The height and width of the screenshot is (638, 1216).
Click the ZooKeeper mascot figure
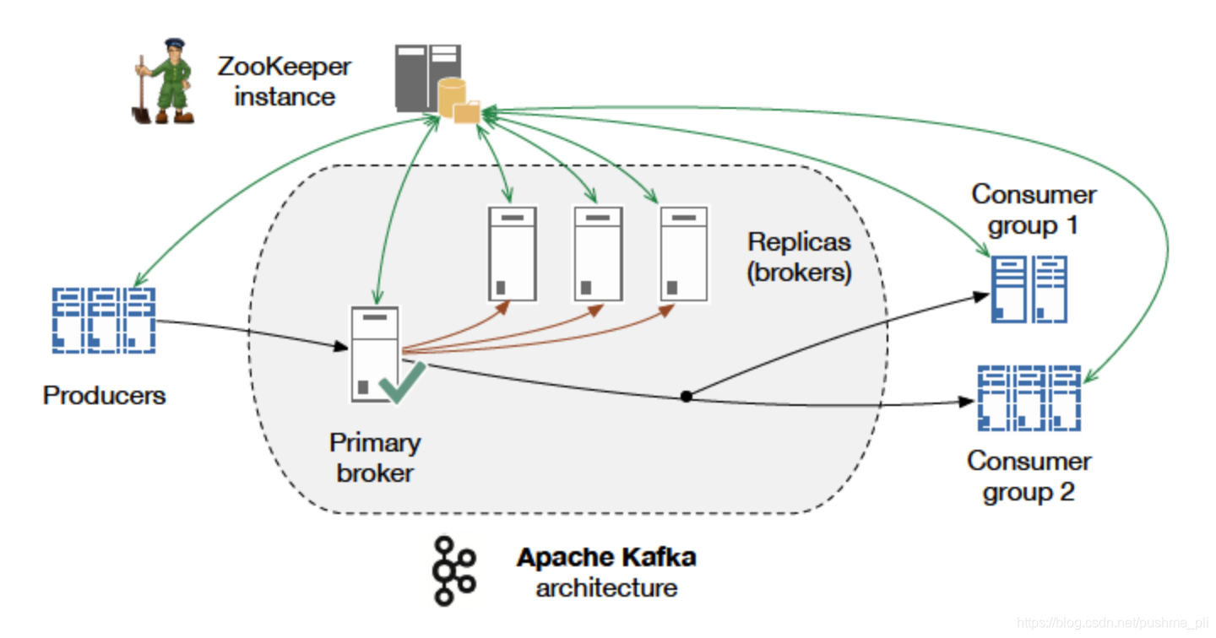[164, 81]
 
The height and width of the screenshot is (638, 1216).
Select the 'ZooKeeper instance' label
[284, 82]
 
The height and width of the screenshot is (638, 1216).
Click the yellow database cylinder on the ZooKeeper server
[453, 98]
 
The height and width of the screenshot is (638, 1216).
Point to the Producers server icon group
[104, 321]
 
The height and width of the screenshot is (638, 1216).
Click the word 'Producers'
[104, 396]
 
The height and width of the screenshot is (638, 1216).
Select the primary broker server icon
[375, 354]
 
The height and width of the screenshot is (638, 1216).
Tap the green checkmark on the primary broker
[402, 382]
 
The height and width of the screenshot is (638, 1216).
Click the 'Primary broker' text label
[375, 458]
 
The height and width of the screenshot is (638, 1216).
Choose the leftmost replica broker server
[513, 253]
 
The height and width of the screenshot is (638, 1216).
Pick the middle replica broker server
[598, 253]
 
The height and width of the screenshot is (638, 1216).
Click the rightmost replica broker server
[684, 253]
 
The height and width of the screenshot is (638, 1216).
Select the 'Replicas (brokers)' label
[799, 257]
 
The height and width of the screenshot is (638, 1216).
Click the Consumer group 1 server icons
[1029, 289]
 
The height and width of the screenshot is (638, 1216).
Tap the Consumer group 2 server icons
[1029, 398]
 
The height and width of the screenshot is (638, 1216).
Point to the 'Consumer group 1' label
[1034, 210]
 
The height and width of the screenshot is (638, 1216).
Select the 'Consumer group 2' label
[1029, 476]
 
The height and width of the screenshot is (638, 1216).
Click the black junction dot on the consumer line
[687, 397]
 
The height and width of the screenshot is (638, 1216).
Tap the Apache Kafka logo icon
[453, 570]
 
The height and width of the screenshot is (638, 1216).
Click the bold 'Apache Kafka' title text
[606, 557]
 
